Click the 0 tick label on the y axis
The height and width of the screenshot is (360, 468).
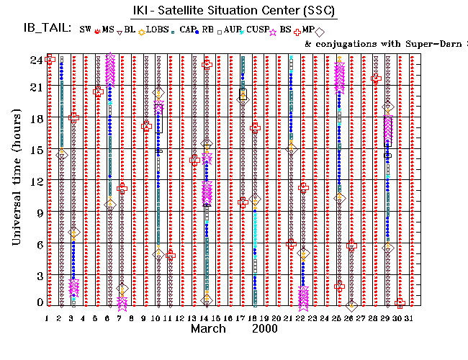pos(40,303)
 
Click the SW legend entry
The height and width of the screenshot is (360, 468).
pos(86,29)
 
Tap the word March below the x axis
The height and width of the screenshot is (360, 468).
pos(210,328)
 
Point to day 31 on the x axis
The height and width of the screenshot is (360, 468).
pos(409,318)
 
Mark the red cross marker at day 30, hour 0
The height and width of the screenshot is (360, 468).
pos(400,303)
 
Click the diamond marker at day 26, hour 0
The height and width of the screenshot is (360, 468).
pos(351,306)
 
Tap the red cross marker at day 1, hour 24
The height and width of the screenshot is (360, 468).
pos(50,60)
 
